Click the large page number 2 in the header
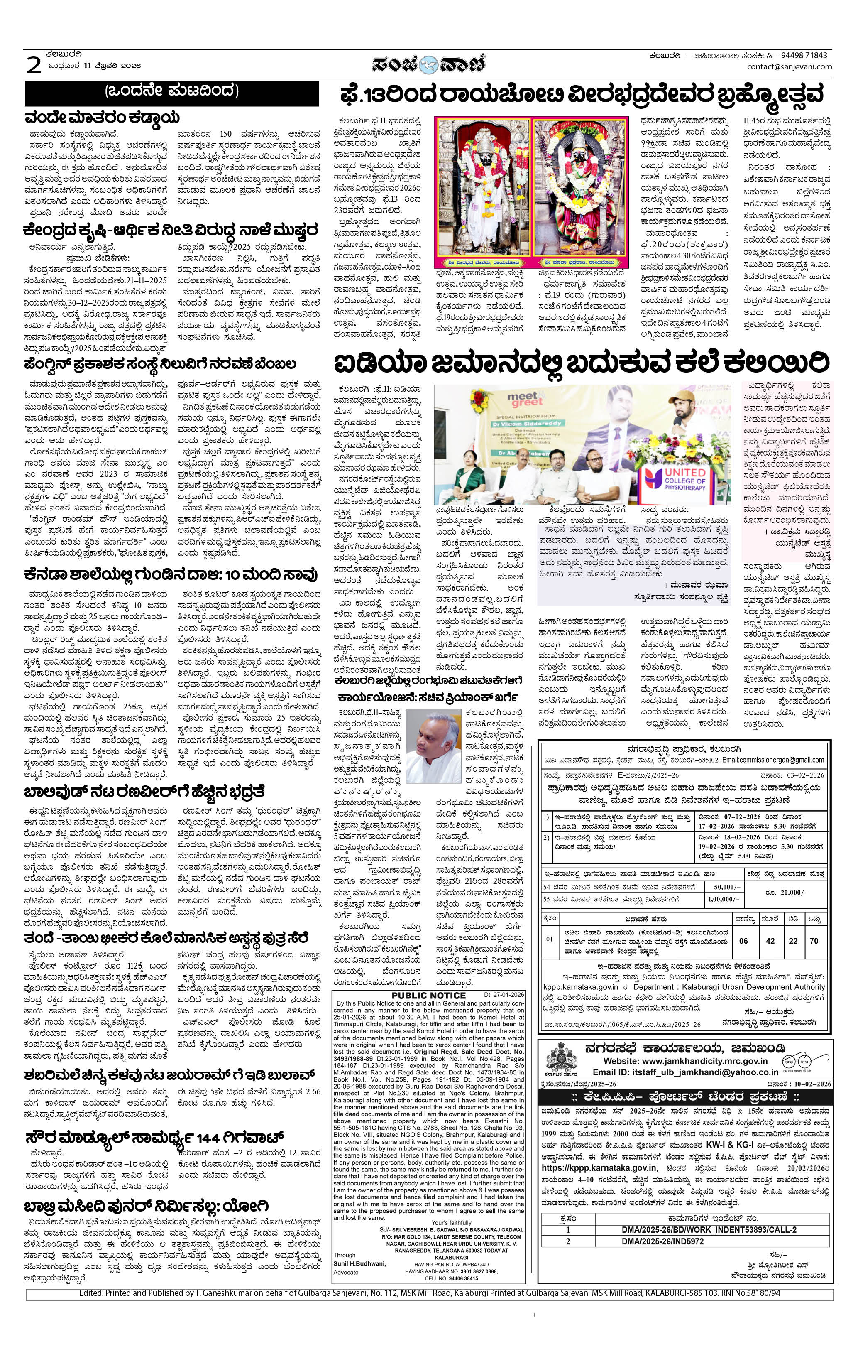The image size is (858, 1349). click(34, 66)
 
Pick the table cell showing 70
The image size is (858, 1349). click(814, 941)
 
